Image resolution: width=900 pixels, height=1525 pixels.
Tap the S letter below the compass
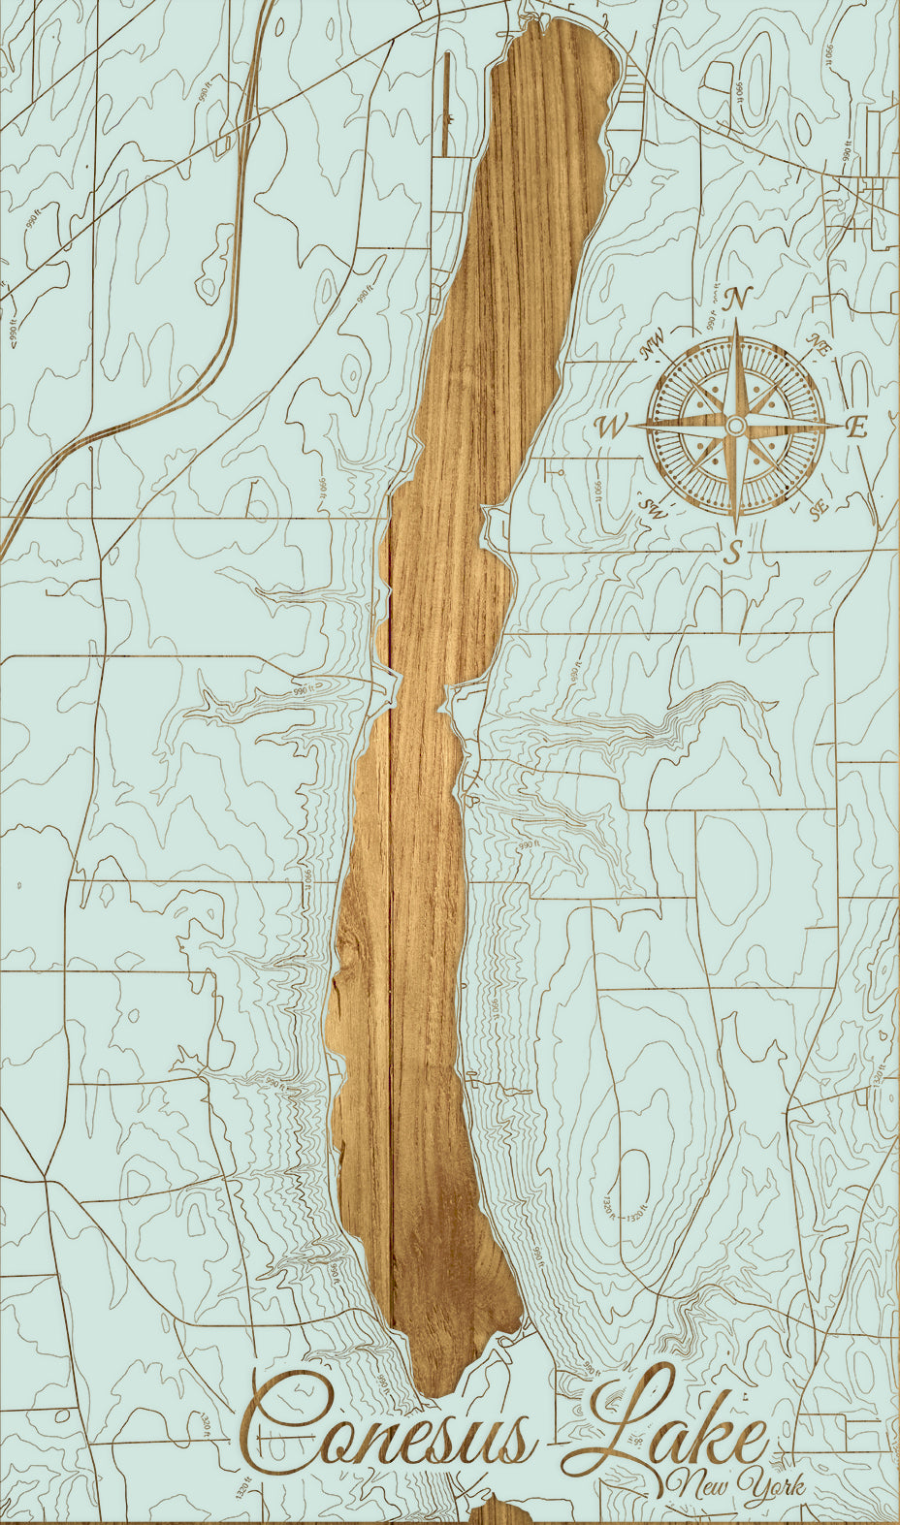pyautogui.click(x=735, y=552)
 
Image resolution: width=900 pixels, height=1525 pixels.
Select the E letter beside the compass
pyautogui.click(x=855, y=427)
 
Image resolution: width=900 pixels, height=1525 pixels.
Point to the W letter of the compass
pyautogui.click(x=612, y=426)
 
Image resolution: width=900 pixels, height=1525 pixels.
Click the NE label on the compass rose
pyautogui.click(x=820, y=345)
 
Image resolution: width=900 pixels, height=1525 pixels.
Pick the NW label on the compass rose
pyautogui.click(x=652, y=345)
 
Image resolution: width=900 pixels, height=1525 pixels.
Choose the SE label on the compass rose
pyautogui.click(x=819, y=506)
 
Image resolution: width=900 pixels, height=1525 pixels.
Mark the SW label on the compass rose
pyautogui.click(x=650, y=506)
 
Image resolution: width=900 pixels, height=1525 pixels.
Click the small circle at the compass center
pyautogui.click(x=736, y=426)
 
